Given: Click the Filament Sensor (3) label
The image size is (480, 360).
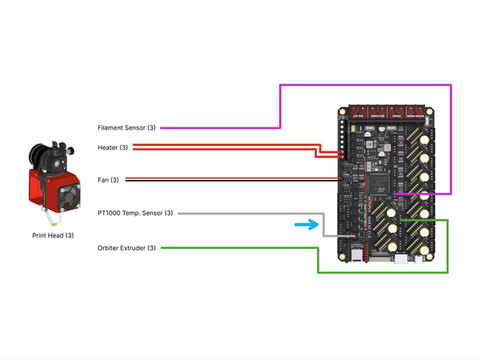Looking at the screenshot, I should click(x=126, y=128).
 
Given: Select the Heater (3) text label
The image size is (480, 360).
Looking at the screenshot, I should click(x=112, y=148).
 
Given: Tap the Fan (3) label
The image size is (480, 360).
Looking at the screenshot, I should click(x=108, y=180).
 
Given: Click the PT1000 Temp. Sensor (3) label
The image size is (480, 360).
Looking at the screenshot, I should click(x=135, y=213).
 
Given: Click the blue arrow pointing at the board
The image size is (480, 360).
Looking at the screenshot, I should click(x=305, y=225).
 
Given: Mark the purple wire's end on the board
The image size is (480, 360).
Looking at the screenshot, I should click(x=395, y=194).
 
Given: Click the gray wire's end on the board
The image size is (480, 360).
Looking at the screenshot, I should click(x=345, y=235).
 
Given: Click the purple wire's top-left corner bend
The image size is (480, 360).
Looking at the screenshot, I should click(x=281, y=84).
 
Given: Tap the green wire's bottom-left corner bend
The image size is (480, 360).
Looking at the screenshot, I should click(x=317, y=272).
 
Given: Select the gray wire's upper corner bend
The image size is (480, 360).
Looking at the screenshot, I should click(x=324, y=213).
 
